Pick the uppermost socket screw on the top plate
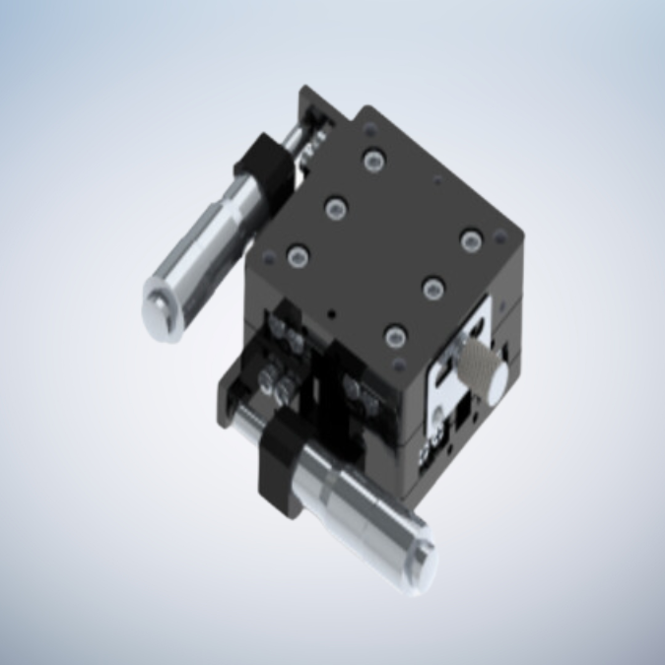pyautogui.click(x=372, y=161)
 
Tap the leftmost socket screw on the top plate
pyautogui.click(x=297, y=258)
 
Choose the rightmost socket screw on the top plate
pyautogui.click(x=469, y=240)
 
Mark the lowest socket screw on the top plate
pyautogui.click(x=395, y=337)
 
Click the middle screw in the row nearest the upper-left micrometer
pyautogui.click(x=336, y=208)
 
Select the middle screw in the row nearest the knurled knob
pyautogui.click(x=433, y=288)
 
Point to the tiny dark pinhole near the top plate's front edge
pyautogui.click(x=333, y=314)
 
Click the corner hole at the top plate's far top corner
pyautogui.click(x=367, y=129)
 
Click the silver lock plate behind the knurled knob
pyautogui.click(x=448, y=389)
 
